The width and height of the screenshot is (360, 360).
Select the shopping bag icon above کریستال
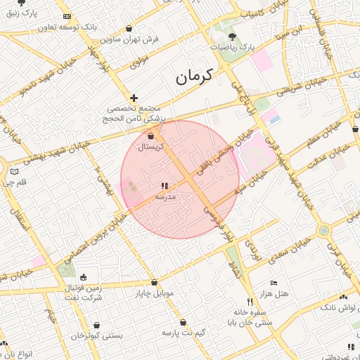pyautogui.click(x=152, y=135)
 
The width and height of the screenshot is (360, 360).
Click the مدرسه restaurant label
pyautogui.click(x=165, y=198)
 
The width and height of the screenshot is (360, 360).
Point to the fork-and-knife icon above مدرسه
pyautogui.click(x=165, y=186)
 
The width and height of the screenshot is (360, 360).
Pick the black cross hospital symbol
pyautogui.click(x=134, y=97)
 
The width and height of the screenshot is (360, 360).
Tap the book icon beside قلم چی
pyautogui.click(x=15, y=171)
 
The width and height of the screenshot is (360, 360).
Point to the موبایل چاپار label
pyautogui.click(x=155, y=294)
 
